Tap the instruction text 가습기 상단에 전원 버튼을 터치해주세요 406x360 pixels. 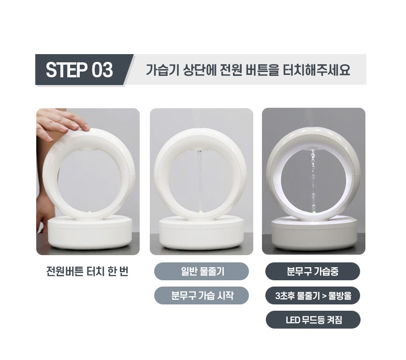click(x=248, y=70)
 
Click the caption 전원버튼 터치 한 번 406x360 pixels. click(x=87, y=272)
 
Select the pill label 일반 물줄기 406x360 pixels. click(x=202, y=271)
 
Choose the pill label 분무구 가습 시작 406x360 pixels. click(x=202, y=295)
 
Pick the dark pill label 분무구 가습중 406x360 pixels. click(x=313, y=271)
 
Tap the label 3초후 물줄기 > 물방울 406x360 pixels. click(x=313, y=295)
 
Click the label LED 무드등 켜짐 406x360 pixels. click(x=313, y=319)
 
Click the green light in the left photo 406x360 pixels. click(x=89, y=213)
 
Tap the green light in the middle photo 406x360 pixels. click(x=201, y=213)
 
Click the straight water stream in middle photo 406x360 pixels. click(x=200, y=181)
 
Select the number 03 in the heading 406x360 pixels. click(x=102, y=70)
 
